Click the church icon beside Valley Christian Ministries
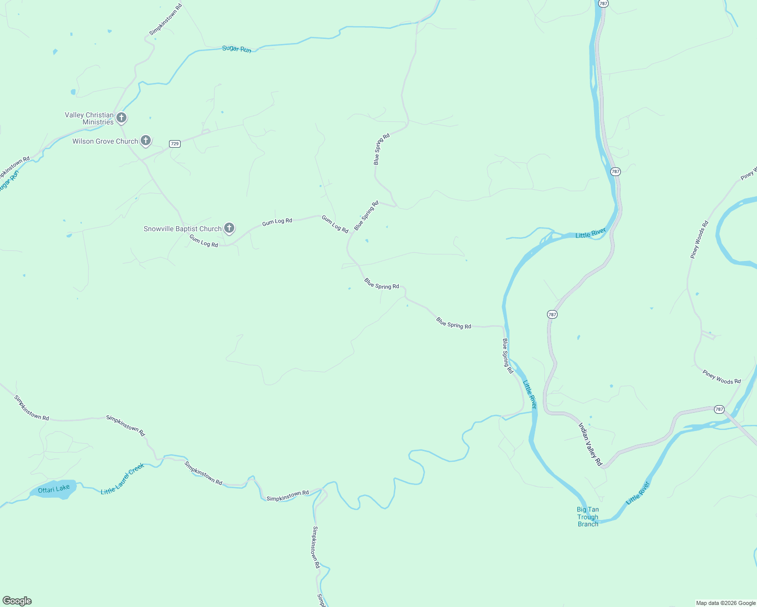click(121, 118)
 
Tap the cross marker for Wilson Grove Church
click(146, 141)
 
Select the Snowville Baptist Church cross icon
click(229, 228)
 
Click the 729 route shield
click(175, 144)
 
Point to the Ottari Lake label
click(54, 489)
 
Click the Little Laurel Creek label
click(122, 479)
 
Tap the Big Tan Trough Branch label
click(588, 517)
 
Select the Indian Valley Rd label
click(590, 444)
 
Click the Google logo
click(17, 601)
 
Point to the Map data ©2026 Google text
click(726, 603)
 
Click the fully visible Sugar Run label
click(236, 49)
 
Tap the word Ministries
click(98, 122)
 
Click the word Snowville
click(159, 229)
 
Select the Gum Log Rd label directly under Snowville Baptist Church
click(204, 241)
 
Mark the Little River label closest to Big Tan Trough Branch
click(638, 493)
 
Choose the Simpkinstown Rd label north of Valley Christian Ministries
click(165, 20)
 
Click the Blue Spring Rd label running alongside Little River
click(508, 356)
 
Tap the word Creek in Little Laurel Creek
click(136, 470)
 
